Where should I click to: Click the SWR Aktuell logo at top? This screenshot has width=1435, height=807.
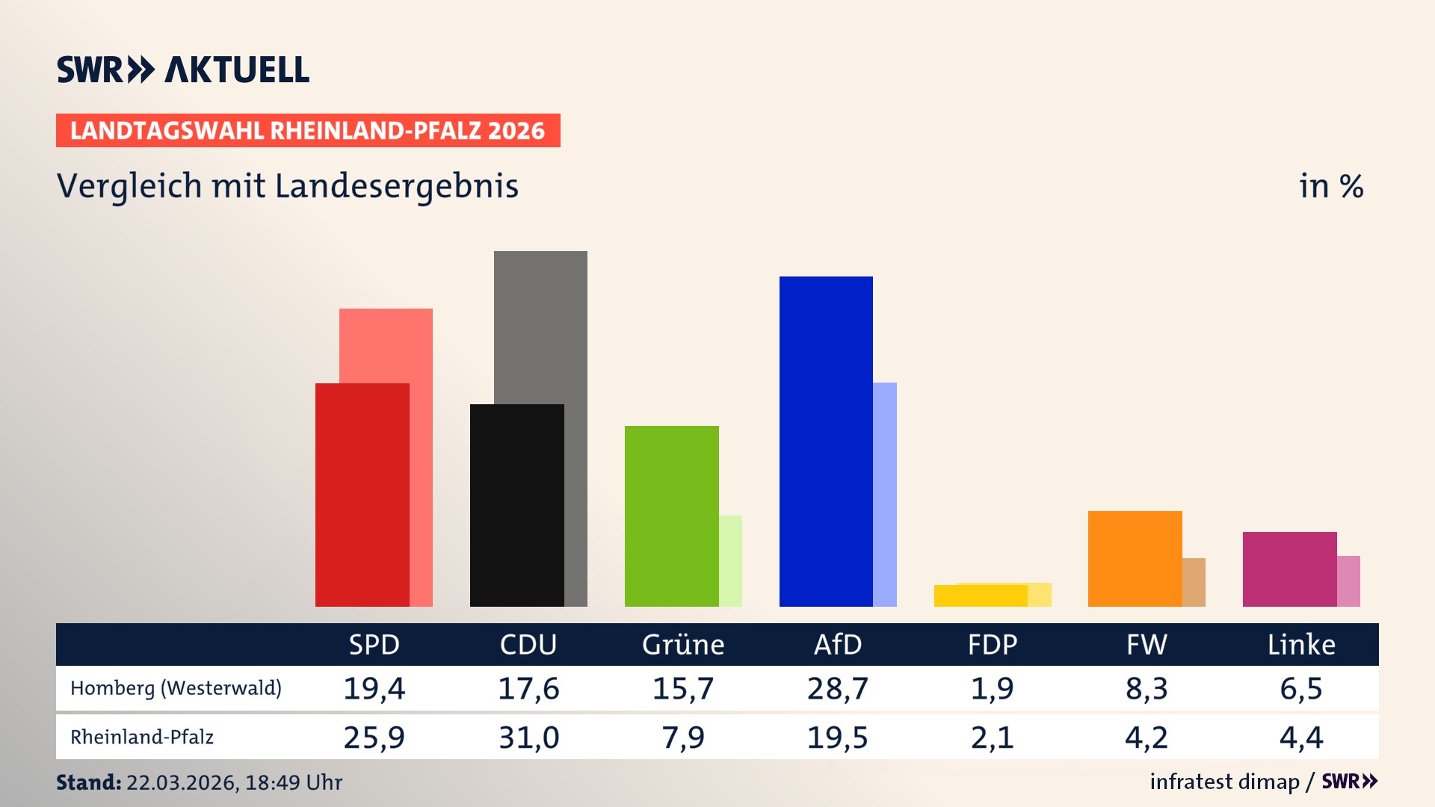[182, 69]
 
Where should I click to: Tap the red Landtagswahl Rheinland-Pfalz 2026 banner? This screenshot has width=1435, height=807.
[307, 131]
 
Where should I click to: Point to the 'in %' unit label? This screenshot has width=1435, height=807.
[1330, 186]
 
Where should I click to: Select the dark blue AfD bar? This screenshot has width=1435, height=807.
[826, 441]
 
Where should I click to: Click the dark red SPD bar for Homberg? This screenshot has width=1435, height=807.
[362, 495]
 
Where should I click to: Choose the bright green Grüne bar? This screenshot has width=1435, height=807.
[671, 516]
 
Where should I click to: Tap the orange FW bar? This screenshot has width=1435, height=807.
[1135, 558]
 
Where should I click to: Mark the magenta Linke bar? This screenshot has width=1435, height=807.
[1289, 569]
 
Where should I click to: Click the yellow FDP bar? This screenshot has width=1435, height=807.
[980, 596]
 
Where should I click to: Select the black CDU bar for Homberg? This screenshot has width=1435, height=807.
[516, 505]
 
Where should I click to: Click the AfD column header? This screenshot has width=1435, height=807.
[837, 644]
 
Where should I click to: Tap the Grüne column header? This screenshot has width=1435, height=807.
[682, 644]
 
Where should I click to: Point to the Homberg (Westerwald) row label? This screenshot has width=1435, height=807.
[176, 688]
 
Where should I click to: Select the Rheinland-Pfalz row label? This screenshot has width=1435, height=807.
[142, 738]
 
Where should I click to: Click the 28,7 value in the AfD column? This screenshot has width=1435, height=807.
[837, 688]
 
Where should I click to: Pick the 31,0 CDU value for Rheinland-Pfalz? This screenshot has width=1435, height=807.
[528, 738]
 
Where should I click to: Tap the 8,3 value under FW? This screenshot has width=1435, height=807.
[1146, 688]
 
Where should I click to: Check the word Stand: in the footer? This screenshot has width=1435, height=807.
[88, 782]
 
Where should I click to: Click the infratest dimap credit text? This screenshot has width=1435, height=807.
[1224, 782]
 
